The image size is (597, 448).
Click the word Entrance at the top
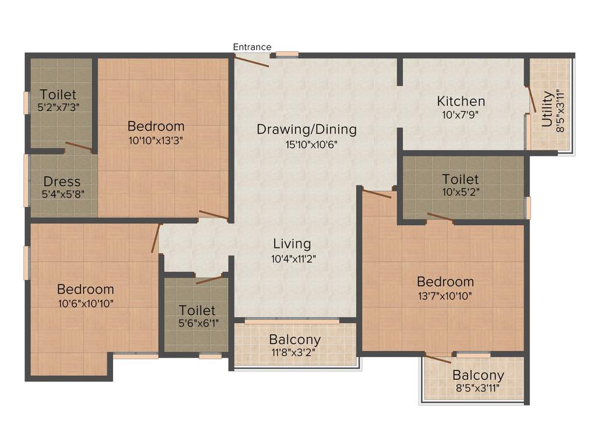pos(252,47)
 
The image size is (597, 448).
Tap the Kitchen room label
pos(461,101)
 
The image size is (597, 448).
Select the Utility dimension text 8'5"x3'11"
pos(560,111)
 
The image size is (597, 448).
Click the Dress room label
pos(62,181)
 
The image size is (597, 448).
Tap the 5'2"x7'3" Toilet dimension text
pos(58,107)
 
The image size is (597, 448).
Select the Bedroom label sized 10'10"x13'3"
pos(156,125)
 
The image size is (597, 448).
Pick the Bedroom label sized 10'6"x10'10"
pos(85,289)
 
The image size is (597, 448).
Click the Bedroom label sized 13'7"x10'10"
pos(445,282)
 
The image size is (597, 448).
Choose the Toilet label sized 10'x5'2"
pos(460,178)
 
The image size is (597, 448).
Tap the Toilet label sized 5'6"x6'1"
pos(196,310)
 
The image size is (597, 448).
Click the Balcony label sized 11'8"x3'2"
pos(294,339)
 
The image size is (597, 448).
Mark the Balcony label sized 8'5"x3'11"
pos(477,375)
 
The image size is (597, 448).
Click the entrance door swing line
pos(252,60)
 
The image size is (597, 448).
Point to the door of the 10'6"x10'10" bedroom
pos(155,238)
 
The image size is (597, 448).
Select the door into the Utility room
pos(531,99)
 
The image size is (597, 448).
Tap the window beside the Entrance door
pos(287,54)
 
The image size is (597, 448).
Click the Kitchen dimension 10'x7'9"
pos(461,115)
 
